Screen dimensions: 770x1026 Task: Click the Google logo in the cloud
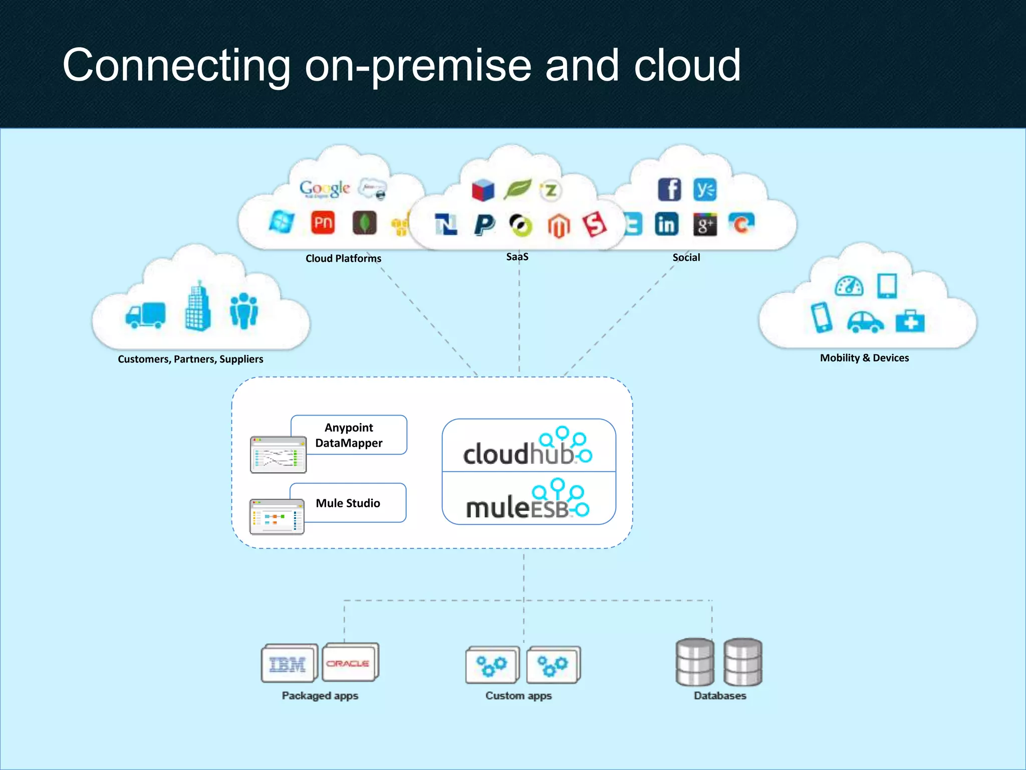325,189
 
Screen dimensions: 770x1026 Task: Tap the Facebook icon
669,189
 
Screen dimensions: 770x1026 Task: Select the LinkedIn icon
667,224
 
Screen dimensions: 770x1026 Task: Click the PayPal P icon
484,224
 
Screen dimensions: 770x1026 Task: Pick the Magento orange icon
559,226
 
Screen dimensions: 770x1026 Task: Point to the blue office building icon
197,307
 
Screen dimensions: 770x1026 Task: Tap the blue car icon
865,322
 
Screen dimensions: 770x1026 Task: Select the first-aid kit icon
910,321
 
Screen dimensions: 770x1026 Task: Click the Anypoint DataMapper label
349,435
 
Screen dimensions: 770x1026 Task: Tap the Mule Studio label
348,503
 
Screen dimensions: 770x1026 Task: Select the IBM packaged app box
288,664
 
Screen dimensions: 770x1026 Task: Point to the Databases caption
720,696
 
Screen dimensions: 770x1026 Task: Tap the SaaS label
517,257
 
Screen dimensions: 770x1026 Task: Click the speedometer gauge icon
849,286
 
